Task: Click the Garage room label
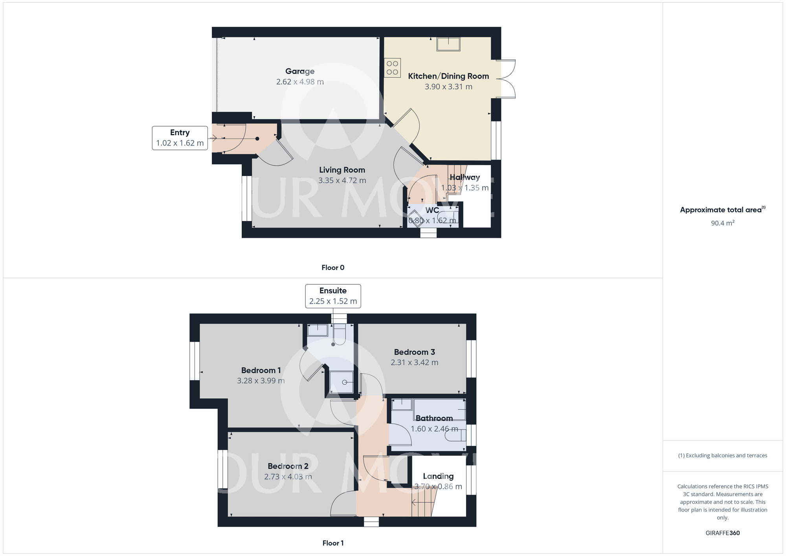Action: pyautogui.click(x=300, y=71)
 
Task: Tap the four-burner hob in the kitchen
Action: pyautogui.click(x=393, y=68)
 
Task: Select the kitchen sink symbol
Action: pyautogui.click(x=448, y=44)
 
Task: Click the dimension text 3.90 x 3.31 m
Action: pyautogui.click(x=448, y=87)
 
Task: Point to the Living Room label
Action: pyautogui.click(x=342, y=170)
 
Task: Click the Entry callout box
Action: pyautogui.click(x=180, y=138)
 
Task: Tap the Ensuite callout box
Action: pyautogui.click(x=333, y=296)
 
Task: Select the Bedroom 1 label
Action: pyautogui.click(x=261, y=370)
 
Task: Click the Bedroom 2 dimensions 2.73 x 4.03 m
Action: pyautogui.click(x=288, y=477)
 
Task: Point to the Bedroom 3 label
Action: pyautogui.click(x=415, y=352)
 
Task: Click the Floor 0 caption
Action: pyautogui.click(x=333, y=267)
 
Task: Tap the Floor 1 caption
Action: pyautogui.click(x=333, y=543)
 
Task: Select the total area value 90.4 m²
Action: pyautogui.click(x=723, y=223)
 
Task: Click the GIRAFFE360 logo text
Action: pyautogui.click(x=723, y=533)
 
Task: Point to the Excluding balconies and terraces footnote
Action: pyautogui.click(x=723, y=455)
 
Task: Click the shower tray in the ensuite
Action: pyautogui.click(x=342, y=382)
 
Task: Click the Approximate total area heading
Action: pyautogui.click(x=723, y=210)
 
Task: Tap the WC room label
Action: pyautogui.click(x=432, y=210)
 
